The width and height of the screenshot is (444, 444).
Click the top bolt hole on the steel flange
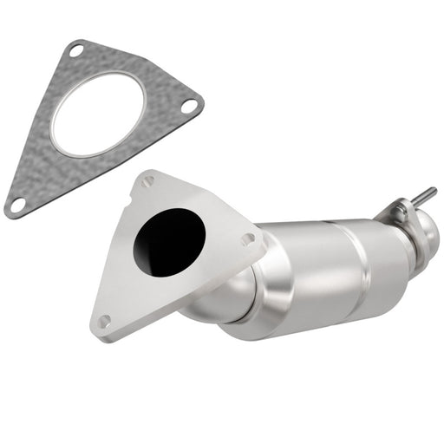147,181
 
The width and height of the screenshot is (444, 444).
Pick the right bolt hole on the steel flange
248,238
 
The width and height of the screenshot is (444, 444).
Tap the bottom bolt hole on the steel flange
104,321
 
